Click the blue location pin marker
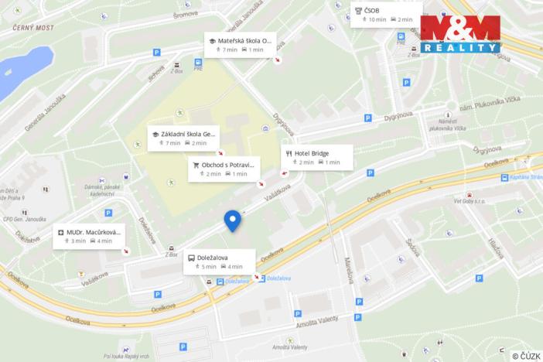(x=232, y=220)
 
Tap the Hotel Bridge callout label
(x=317, y=158)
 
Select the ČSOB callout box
(x=386, y=15)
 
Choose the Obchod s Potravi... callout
(x=223, y=169)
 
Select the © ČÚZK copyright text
(x=526, y=355)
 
